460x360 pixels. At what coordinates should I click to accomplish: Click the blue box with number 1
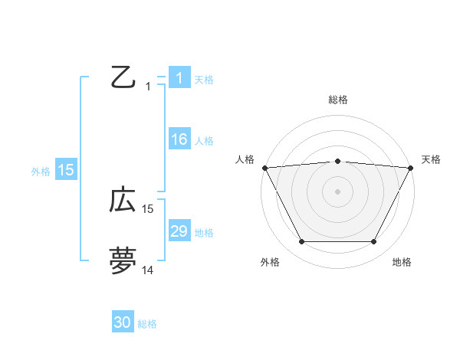pos(179,77)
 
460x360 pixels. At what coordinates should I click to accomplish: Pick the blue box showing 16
pos(179,139)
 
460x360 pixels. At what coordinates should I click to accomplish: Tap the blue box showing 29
pos(179,231)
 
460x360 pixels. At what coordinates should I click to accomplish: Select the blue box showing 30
pos(122,322)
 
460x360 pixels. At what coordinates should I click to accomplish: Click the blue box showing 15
pos(65,170)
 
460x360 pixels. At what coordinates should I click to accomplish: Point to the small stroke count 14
pos(148,270)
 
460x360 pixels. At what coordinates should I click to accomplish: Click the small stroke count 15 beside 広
pos(148,208)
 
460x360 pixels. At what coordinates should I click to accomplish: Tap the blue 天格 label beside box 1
pos(203,79)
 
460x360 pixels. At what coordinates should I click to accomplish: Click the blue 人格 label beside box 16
pos(203,141)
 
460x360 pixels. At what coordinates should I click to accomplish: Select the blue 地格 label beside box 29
pos(203,233)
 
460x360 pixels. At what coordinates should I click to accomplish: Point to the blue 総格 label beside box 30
pos(147,324)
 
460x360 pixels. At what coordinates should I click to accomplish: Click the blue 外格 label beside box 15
pos(41,172)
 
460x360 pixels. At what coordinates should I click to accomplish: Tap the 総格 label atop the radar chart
pos(337,100)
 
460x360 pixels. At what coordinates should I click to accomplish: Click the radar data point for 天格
pos(411,168)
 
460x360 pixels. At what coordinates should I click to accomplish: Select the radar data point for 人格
pos(264,168)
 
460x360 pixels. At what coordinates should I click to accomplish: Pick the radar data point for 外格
pos(301,242)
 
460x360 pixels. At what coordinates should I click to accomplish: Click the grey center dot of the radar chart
pos(337,191)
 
